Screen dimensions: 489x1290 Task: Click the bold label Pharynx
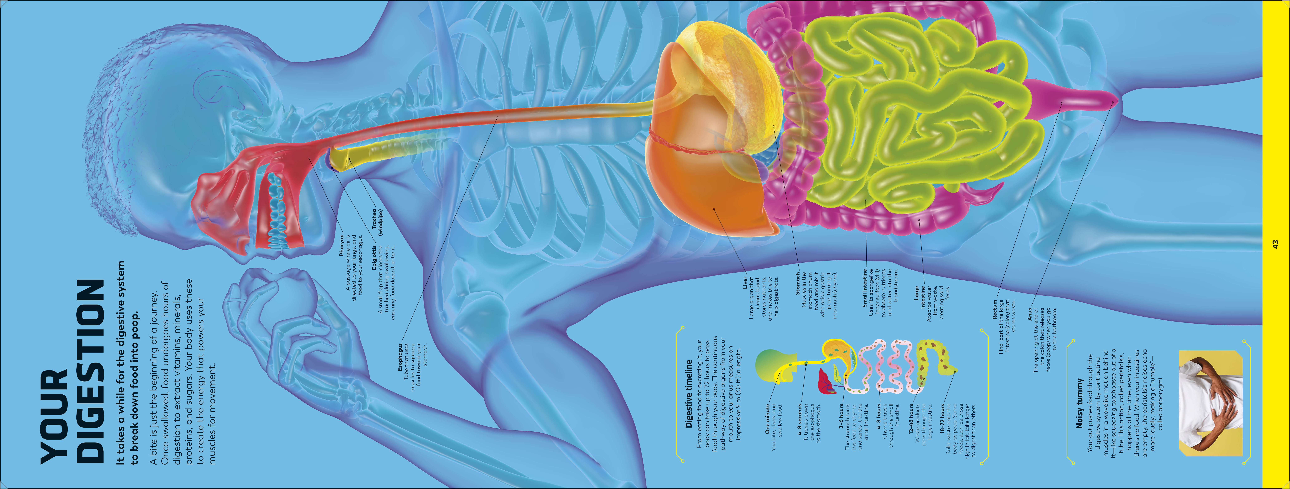[342, 245]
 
